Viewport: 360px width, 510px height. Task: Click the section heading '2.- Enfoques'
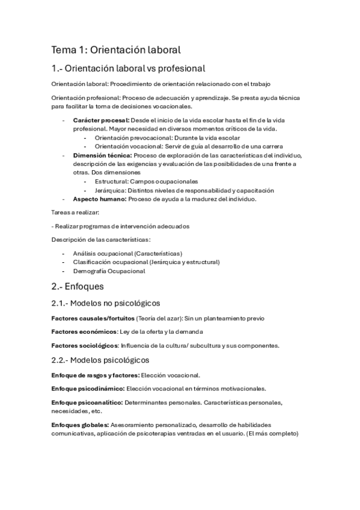(78, 286)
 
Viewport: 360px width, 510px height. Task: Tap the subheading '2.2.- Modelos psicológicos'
(100, 360)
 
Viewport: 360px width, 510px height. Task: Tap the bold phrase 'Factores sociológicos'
(84, 345)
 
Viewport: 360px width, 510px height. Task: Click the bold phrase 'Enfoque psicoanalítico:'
(88, 402)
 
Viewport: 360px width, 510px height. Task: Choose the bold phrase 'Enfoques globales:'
(81, 425)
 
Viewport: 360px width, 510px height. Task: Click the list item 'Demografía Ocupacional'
(109, 271)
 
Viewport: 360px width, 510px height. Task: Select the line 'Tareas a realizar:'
(75, 212)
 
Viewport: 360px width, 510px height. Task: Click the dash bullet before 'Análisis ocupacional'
(63, 254)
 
